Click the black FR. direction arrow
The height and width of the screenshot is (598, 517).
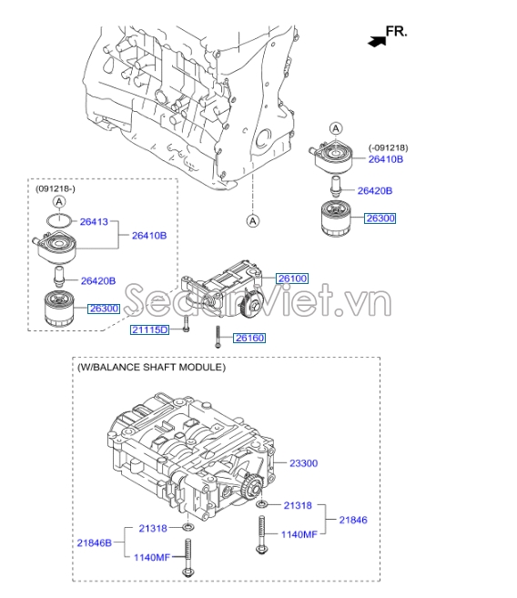(x=377, y=41)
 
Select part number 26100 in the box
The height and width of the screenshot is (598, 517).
(x=292, y=279)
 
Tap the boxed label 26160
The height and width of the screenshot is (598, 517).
(x=249, y=338)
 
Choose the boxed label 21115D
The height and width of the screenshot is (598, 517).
(x=149, y=329)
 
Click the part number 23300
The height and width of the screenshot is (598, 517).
(x=303, y=463)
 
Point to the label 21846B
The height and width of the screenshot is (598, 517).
(x=94, y=542)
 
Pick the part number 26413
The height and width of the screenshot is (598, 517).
(x=94, y=221)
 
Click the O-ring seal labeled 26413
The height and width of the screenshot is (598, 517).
(x=59, y=220)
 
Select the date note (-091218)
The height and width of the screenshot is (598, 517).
(x=388, y=147)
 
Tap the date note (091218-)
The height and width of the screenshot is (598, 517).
(x=56, y=188)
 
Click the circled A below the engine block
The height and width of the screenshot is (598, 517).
(x=253, y=220)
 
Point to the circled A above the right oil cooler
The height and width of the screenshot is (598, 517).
(x=336, y=128)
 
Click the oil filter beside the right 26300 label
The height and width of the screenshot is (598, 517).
(x=336, y=219)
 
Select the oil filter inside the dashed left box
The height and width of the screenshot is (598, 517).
(x=59, y=309)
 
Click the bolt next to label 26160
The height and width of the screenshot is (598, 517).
(x=218, y=337)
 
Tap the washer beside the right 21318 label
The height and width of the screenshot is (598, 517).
(x=262, y=504)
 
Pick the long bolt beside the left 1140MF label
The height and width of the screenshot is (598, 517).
(x=188, y=558)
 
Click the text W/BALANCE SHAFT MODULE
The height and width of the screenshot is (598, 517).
(x=152, y=368)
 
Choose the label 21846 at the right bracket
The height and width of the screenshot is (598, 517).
(x=353, y=520)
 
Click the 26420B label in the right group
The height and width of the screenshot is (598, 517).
(x=375, y=191)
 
